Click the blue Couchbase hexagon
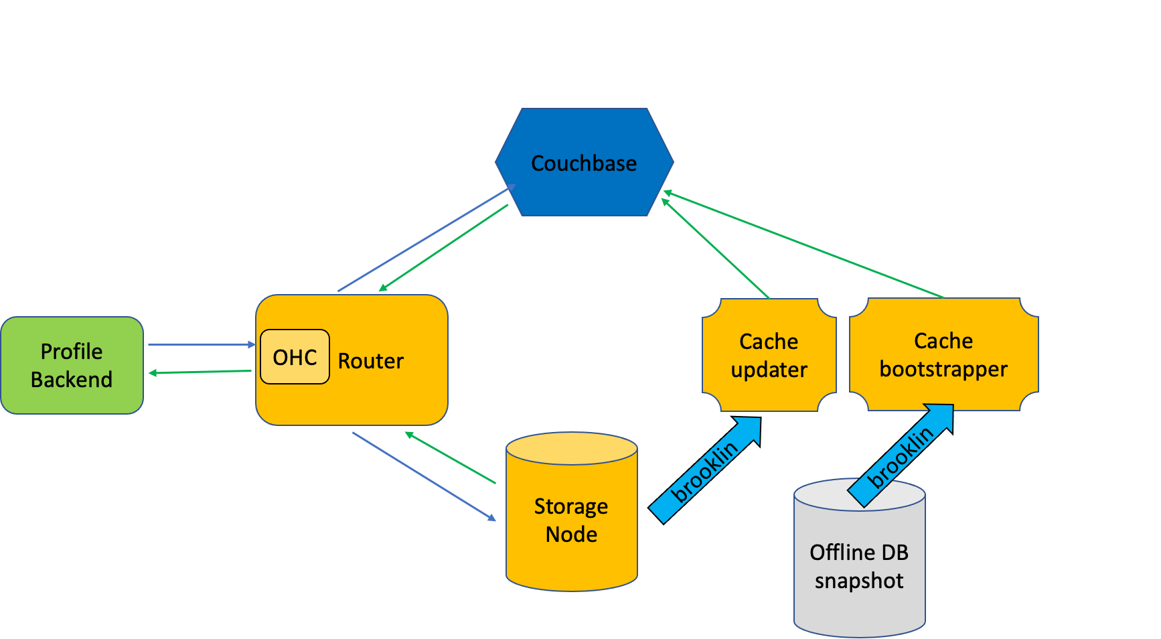[584, 163]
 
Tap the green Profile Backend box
[72, 366]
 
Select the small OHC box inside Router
[295, 357]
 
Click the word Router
[370, 361]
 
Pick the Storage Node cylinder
[571, 520]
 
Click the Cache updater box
[769, 355]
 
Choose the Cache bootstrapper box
[943, 355]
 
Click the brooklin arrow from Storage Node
[704, 471]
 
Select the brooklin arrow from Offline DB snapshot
[899, 457]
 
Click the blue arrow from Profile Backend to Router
[201, 345]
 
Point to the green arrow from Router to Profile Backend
[201, 372]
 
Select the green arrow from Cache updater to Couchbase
[715, 248]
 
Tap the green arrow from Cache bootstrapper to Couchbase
[803, 244]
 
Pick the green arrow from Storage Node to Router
[450, 458]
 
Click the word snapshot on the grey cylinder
[859, 581]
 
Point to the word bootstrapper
[943, 369]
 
